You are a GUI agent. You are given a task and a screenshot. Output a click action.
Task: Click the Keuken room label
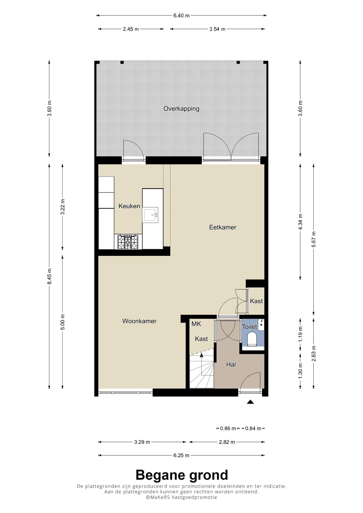tap(129, 206)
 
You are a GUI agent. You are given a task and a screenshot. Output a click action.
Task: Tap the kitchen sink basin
tap(151, 215)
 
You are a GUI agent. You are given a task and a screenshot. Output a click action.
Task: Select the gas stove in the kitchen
tap(128, 242)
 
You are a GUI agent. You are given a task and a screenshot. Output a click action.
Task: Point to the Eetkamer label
tap(223, 227)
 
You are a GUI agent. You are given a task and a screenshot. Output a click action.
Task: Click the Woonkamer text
tap(139, 321)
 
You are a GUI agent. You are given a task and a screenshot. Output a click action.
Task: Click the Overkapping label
tap(181, 109)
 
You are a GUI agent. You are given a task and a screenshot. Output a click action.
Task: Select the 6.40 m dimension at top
tap(181, 16)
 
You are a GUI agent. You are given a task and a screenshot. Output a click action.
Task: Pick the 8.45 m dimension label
tap(49, 276)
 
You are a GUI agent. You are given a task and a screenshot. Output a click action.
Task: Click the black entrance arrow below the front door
tap(250, 402)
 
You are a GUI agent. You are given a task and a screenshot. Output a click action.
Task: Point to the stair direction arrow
tap(201, 356)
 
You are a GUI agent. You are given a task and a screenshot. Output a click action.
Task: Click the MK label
tap(196, 324)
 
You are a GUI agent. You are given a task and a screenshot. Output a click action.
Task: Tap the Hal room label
tap(231, 364)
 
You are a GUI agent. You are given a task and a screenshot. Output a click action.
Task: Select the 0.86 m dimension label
tap(228, 428)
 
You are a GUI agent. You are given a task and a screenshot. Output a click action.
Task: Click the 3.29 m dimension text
tap(142, 442)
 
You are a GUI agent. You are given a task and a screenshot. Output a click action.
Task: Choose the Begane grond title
tap(181, 475)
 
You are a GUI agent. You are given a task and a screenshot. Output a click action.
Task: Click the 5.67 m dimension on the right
tap(314, 239)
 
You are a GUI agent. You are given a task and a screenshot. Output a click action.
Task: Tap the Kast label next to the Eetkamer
tap(256, 301)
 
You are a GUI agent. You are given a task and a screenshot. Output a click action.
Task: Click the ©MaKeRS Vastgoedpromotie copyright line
tap(181, 497)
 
